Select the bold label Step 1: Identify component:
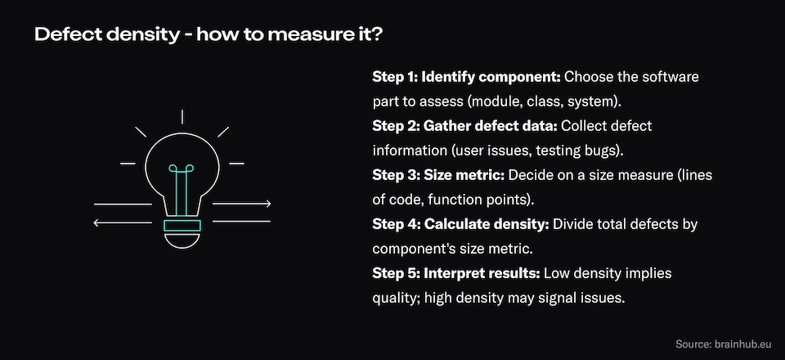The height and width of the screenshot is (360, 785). pos(467,78)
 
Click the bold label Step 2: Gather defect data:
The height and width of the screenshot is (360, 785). pos(464,126)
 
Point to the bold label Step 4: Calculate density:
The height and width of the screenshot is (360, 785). pos(460,224)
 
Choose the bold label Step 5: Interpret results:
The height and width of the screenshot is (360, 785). pos(456,273)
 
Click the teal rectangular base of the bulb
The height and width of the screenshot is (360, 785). pos(182,226)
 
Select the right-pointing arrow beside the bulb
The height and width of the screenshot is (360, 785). pos(242,204)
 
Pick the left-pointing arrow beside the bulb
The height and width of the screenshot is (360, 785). pos(123,223)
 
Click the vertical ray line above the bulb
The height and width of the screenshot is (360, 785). pos(182,117)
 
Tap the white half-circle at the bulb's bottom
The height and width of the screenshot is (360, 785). pos(182,241)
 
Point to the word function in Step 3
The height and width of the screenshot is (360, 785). pos(454,200)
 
